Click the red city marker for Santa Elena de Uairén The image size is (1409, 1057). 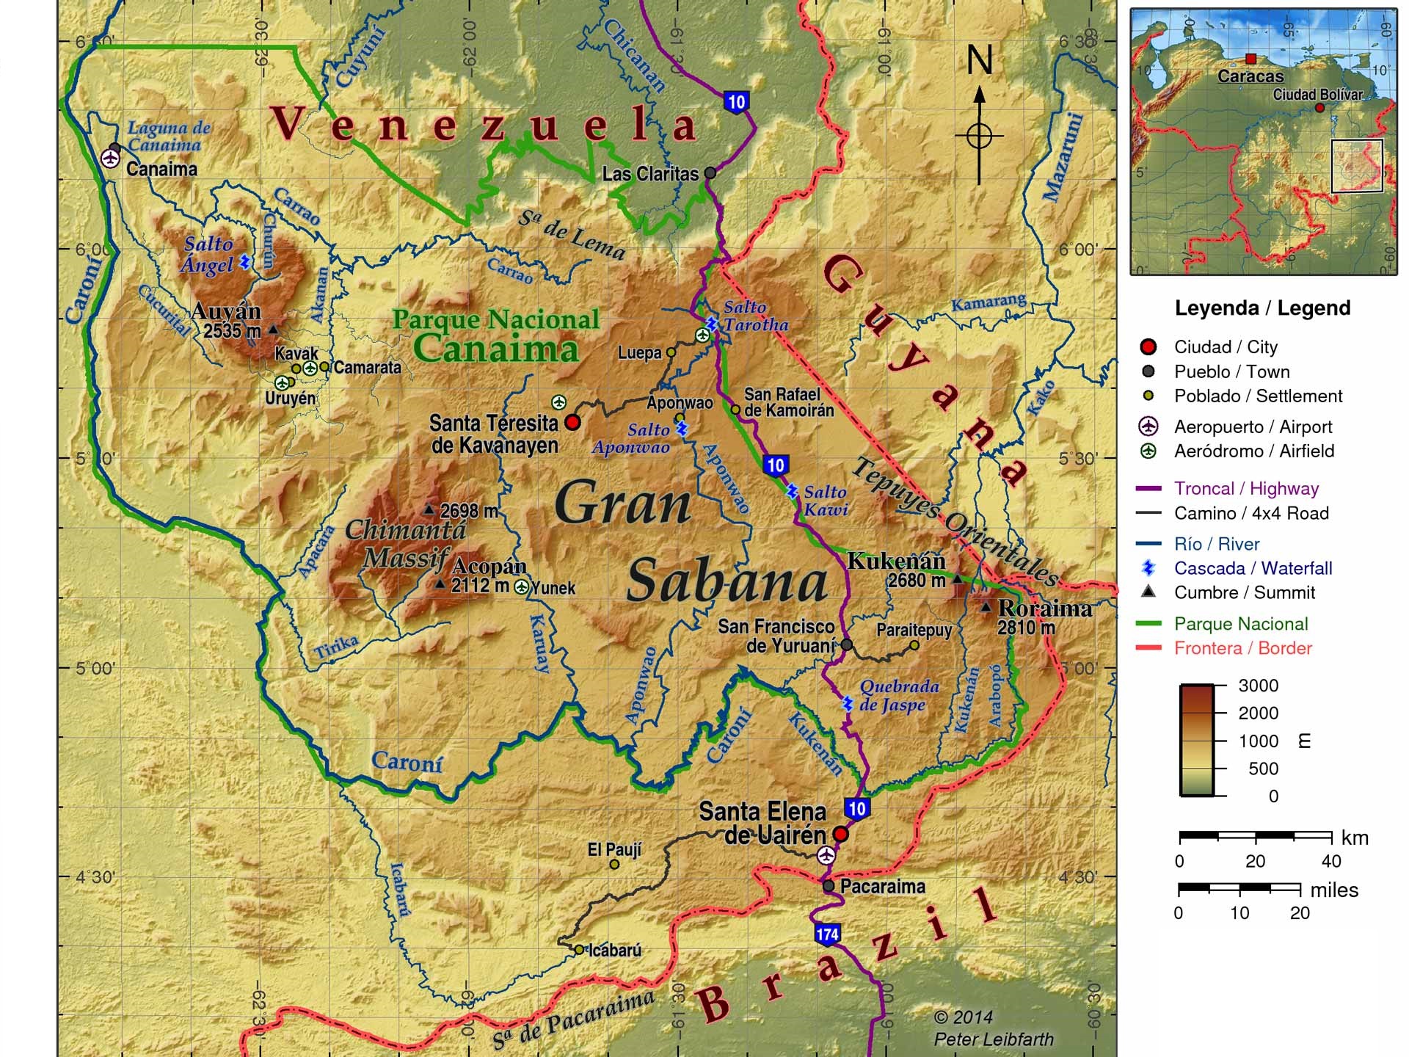[x=841, y=835]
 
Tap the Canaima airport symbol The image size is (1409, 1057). [x=110, y=158]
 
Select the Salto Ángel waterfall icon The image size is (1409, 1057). [x=245, y=262]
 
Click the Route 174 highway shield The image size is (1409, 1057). [x=826, y=934]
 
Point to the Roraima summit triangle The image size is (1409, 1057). [x=986, y=607]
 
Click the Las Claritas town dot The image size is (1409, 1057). [x=710, y=173]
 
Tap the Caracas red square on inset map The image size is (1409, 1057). [x=1250, y=59]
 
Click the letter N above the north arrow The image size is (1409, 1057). [x=979, y=60]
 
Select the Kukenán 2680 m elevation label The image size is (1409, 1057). [x=916, y=581]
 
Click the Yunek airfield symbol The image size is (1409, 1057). [x=521, y=586]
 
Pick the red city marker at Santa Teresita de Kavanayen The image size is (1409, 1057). [x=572, y=422]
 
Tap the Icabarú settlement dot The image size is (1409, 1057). [x=579, y=949]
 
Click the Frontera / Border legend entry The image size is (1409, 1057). [x=1242, y=648]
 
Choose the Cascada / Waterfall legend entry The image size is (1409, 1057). [x=1252, y=568]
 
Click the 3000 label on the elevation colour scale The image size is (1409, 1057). [x=1258, y=686]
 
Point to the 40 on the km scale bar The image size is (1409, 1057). [x=1330, y=861]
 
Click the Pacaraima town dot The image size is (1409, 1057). [x=829, y=886]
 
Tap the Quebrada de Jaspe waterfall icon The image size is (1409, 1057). [x=848, y=703]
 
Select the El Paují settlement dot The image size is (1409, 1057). [x=614, y=864]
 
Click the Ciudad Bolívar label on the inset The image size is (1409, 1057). [x=1317, y=95]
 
